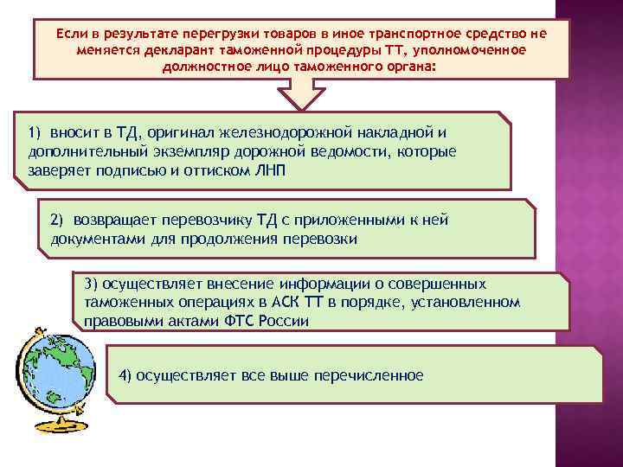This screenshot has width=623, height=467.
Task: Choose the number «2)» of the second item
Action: [x=57, y=221]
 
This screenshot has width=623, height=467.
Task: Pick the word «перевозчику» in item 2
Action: [x=218, y=221]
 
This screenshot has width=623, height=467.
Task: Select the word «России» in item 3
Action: [x=286, y=320]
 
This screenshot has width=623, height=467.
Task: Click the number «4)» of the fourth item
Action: [x=125, y=374]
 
